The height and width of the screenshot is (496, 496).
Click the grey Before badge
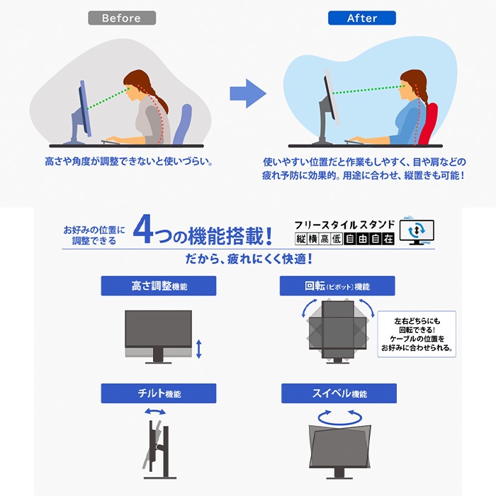pyautogui.click(x=122, y=18)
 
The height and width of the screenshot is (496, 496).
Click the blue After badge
pyautogui.click(x=362, y=18)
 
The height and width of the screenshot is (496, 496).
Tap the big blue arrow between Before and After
pyautogui.click(x=248, y=94)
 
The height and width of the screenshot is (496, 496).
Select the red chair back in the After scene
pyautogui.click(x=428, y=123)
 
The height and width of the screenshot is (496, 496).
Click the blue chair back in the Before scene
pyautogui.click(x=183, y=124)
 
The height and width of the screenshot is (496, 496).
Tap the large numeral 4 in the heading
pyautogui.click(x=144, y=230)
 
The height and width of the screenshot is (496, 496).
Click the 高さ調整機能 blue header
pyautogui.click(x=159, y=286)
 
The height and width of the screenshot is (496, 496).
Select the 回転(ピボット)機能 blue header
pyautogui.click(x=337, y=286)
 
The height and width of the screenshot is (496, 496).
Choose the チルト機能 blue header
pyautogui.click(x=159, y=393)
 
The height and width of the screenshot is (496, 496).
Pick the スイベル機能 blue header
pyautogui.click(x=339, y=393)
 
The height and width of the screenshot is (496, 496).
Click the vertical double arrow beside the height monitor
pyautogui.click(x=198, y=349)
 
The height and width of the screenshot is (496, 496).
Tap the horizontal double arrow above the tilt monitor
pyautogui.click(x=155, y=412)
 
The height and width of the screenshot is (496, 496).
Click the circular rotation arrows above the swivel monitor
pyautogui.click(x=340, y=417)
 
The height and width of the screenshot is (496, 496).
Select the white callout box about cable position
pyautogui.click(x=417, y=334)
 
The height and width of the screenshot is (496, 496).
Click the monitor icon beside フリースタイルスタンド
pyautogui.click(x=417, y=231)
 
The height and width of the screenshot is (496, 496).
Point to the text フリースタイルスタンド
pyautogui.click(x=344, y=225)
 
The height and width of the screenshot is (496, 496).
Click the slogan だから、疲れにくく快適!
pyautogui.click(x=249, y=259)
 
